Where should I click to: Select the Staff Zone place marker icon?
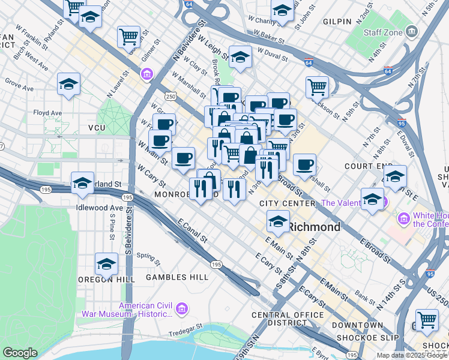coord(412,31)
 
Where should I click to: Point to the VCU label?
coord(97,128)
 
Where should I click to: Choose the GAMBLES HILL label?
coord(177,277)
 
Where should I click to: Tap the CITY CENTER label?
coord(287,204)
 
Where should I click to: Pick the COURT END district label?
coord(368,166)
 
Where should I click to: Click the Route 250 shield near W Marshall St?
coord(171,96)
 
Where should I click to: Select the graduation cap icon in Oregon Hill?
coord(106,264)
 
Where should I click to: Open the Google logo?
coord(20,353)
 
